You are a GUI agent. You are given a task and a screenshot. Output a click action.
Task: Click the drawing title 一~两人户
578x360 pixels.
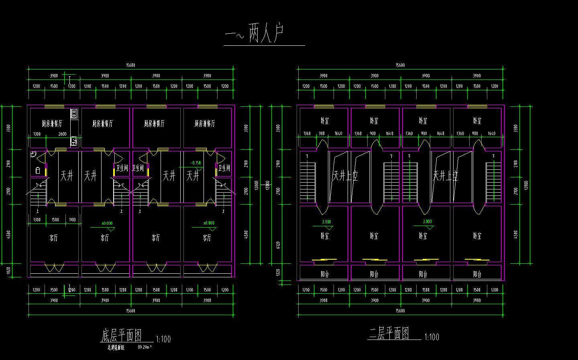255,33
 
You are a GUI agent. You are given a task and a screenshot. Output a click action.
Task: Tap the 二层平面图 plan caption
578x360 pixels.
389,333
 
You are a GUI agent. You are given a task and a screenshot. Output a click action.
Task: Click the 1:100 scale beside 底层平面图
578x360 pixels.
163,340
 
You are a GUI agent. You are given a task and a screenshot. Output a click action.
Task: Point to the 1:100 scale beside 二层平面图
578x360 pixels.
431,337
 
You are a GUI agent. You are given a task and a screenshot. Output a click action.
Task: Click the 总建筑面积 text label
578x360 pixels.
116,348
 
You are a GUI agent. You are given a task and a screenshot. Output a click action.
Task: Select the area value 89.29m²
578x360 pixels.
144,347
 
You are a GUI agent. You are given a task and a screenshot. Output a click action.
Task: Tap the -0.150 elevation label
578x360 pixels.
195,163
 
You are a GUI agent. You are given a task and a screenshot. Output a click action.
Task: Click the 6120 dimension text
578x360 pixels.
278,245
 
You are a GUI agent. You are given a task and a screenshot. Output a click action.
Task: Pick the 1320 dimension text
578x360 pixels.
278,273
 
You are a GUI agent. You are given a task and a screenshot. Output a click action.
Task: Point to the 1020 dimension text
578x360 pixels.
8,271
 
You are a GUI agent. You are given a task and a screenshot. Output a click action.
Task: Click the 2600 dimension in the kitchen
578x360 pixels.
63,134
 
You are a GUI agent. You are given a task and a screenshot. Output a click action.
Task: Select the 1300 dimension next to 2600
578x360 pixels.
37,134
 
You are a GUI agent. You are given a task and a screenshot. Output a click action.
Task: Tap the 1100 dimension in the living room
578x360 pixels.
72,220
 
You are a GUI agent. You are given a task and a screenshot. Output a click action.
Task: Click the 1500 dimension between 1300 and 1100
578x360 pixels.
55,220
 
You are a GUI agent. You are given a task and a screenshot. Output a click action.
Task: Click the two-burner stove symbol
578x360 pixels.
74,114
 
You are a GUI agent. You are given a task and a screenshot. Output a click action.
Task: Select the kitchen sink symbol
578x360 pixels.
74,141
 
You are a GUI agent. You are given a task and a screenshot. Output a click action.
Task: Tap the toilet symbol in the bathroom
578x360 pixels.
38,171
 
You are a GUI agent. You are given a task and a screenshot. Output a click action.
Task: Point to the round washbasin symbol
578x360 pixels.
33,154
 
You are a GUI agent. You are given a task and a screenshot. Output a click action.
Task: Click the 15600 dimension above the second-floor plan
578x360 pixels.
400,65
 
